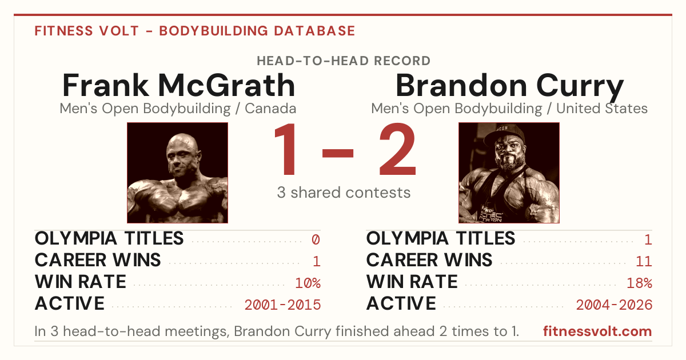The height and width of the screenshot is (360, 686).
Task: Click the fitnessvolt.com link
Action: click(x=597, y=331)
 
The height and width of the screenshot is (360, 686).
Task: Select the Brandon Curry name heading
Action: click(x=509, y=87)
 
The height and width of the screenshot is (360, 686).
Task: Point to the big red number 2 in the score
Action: click(x=397, y=149)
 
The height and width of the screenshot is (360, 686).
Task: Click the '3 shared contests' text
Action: click(x=344, y=193)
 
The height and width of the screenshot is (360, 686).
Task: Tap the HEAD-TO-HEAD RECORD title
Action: click(x=344, y=61)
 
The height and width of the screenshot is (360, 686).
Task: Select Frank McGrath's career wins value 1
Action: click(x=317, y=262)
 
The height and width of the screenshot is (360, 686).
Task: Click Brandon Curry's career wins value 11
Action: click(x=644, y=262)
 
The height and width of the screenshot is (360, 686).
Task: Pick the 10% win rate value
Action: click(x=308, y=283)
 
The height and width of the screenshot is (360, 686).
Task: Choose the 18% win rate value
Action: click(x=640, y=283)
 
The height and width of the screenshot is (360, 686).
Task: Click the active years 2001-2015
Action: click(x=282, y=305)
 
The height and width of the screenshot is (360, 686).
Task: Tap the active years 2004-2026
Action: click(x=614, y=305)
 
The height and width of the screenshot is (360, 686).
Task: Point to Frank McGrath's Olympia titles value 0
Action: click(x=316, y=239)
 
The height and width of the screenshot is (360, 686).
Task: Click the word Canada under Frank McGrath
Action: click(x=270, y=109)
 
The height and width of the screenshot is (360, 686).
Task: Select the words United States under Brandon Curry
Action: click(x=602, y=109)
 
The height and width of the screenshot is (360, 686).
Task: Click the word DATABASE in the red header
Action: click(x=314, y=31)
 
